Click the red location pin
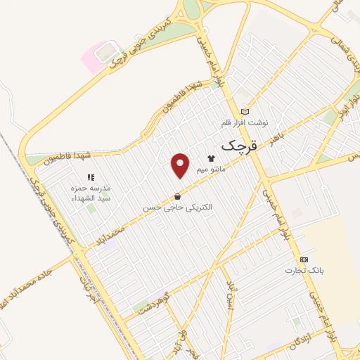coord(181,165)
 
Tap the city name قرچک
coord(240,146)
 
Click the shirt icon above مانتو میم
coord(210,157)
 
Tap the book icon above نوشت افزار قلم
coord(245,111)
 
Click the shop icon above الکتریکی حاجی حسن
coord(176,196)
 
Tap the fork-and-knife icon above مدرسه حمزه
coord(89,177)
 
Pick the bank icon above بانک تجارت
coord(304,259)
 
